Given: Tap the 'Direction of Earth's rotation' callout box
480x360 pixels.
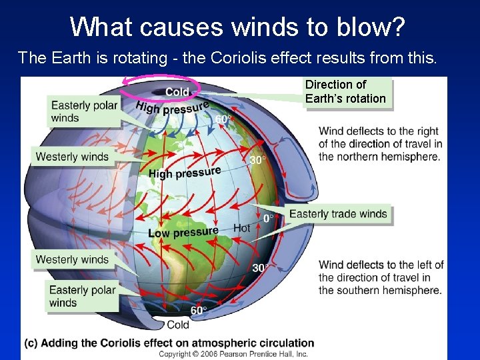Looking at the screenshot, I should click(345, 92).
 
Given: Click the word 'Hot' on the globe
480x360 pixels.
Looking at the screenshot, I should click(242, 228).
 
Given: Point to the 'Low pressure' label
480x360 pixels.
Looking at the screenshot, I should click(183, 232).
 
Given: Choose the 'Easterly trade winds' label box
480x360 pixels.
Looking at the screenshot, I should click(338, 214).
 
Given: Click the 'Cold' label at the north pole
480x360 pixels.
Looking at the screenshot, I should click(177, 92).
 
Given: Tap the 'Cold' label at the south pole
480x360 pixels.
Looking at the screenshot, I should click(178, 325).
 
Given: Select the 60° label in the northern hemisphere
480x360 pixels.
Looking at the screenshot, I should click(224, 119).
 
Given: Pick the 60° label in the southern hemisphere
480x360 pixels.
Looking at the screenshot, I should click(199, 311).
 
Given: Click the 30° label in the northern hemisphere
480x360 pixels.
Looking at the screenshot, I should click(257, 160).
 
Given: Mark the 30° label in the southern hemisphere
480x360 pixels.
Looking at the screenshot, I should click(261, 268).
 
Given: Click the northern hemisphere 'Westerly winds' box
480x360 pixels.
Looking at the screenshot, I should click(72, 157).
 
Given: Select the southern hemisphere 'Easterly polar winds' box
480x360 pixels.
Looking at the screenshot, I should click(83, 296).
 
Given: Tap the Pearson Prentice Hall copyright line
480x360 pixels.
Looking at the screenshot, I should click(233, 354).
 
